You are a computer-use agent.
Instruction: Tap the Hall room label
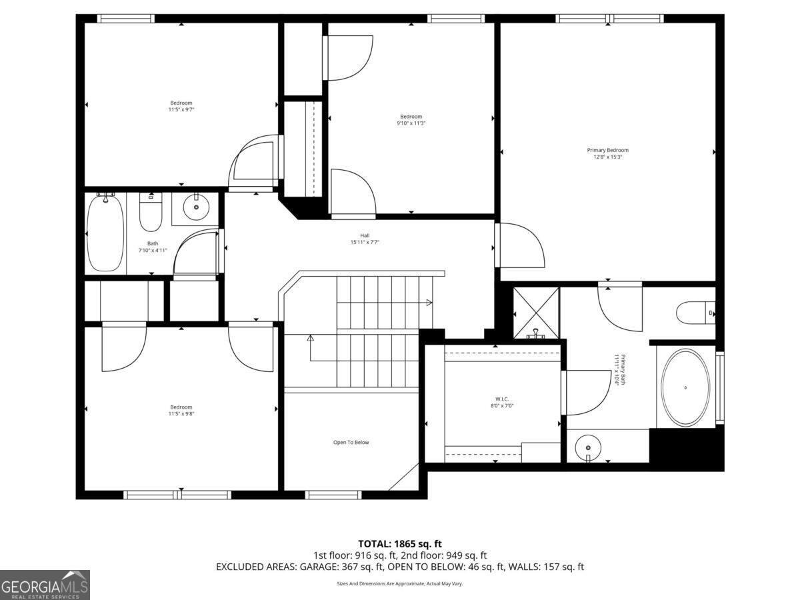(365, 235)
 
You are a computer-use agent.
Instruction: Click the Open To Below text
(351, 443)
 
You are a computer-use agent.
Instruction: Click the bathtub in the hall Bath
(105, 233)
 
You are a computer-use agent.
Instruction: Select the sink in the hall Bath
(195, 208)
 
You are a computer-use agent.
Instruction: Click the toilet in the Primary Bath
(693, 312)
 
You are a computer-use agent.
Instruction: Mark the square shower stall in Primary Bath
(535, 311)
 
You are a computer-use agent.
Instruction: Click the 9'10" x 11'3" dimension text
(411, 123)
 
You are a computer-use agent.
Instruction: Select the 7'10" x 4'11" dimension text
(153, 251)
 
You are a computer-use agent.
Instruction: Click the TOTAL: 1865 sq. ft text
(400, 544)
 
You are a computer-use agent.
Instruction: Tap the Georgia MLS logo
(45, 585)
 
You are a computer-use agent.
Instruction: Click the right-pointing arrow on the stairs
(429, 303)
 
